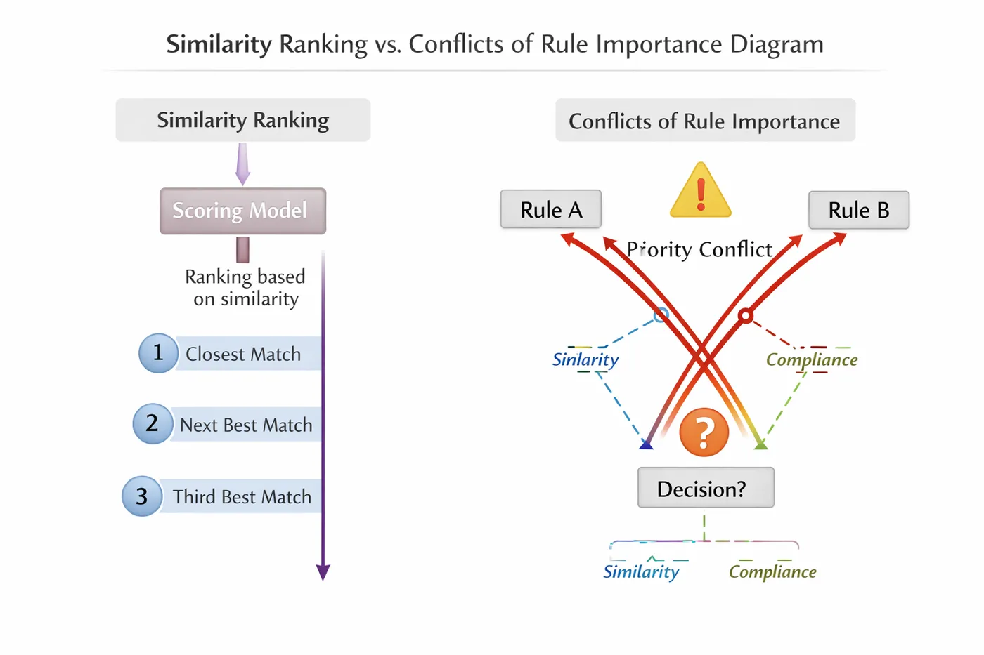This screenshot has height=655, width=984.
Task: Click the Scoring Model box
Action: tap(242, 211)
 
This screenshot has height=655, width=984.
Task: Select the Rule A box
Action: tap(550, 209)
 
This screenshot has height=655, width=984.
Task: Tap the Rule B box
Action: tap(858, 210)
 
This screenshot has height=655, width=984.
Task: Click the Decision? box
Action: tap(705, 488)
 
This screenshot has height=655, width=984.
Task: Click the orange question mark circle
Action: tap(704, 432)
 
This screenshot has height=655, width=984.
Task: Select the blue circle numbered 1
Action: tap(158, 352)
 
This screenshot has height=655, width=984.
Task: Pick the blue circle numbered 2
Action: tap(153, 423)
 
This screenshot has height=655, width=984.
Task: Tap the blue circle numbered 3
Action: tap(142, 496)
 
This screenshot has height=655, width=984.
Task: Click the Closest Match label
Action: tap(243, 355)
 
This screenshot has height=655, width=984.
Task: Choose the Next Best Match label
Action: tap(246, 425)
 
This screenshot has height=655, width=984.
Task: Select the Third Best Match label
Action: tap(242, 497)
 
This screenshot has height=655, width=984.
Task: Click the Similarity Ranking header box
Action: tap(242, 120)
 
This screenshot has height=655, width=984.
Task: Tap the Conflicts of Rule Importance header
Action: tap(704, 121)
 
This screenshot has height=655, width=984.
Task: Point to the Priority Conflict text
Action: tap(699, 249)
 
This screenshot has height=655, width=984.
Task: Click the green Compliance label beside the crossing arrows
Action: tap(812, 359)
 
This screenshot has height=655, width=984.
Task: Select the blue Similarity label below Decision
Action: tap(641, 571)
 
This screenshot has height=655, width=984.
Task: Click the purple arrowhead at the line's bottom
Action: tap(323, 571)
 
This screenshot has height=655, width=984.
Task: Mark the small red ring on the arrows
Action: tap(746, 316)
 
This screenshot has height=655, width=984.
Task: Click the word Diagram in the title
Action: tap(777, 44)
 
